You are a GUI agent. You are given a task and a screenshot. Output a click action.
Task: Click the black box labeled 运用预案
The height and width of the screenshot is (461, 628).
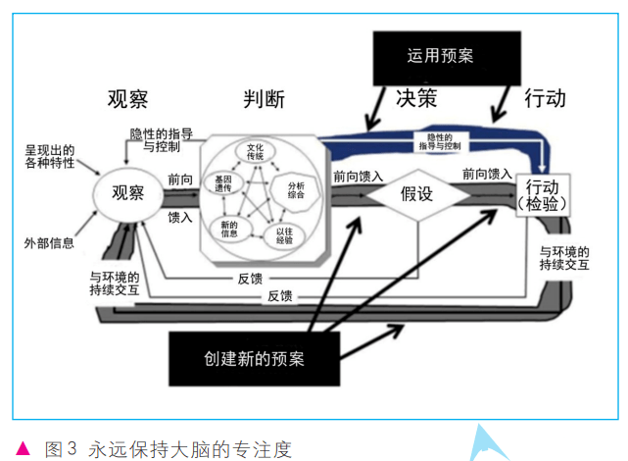pos(440,56)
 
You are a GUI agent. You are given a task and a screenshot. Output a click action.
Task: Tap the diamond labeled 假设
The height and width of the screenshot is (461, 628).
pos(415,193)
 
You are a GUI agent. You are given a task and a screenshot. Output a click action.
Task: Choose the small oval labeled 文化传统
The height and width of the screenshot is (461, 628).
pos(258,152)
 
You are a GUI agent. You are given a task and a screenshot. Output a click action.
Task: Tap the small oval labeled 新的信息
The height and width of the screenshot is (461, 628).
pos(224,228)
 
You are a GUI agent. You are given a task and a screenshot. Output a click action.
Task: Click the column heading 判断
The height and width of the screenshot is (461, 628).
pos(265,99)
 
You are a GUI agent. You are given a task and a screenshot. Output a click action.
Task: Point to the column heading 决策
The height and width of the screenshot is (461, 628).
pos(415,99)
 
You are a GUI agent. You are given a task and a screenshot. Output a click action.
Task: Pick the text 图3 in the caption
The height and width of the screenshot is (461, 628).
pos(61,449)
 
